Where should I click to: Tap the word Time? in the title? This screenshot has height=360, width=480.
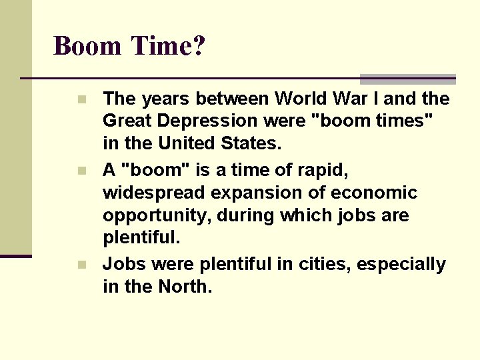[x=169, y=47]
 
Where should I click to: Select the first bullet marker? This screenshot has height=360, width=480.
[x=81, y=100]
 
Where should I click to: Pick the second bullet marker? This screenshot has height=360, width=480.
[x=81, y=171]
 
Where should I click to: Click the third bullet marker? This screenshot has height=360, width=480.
[x=81, y=265]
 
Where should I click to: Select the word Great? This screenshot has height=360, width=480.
[x=126, y=121]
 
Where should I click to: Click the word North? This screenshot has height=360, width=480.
[x=185, y=287]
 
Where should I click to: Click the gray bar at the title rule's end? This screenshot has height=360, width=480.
[x=407, y=79]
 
